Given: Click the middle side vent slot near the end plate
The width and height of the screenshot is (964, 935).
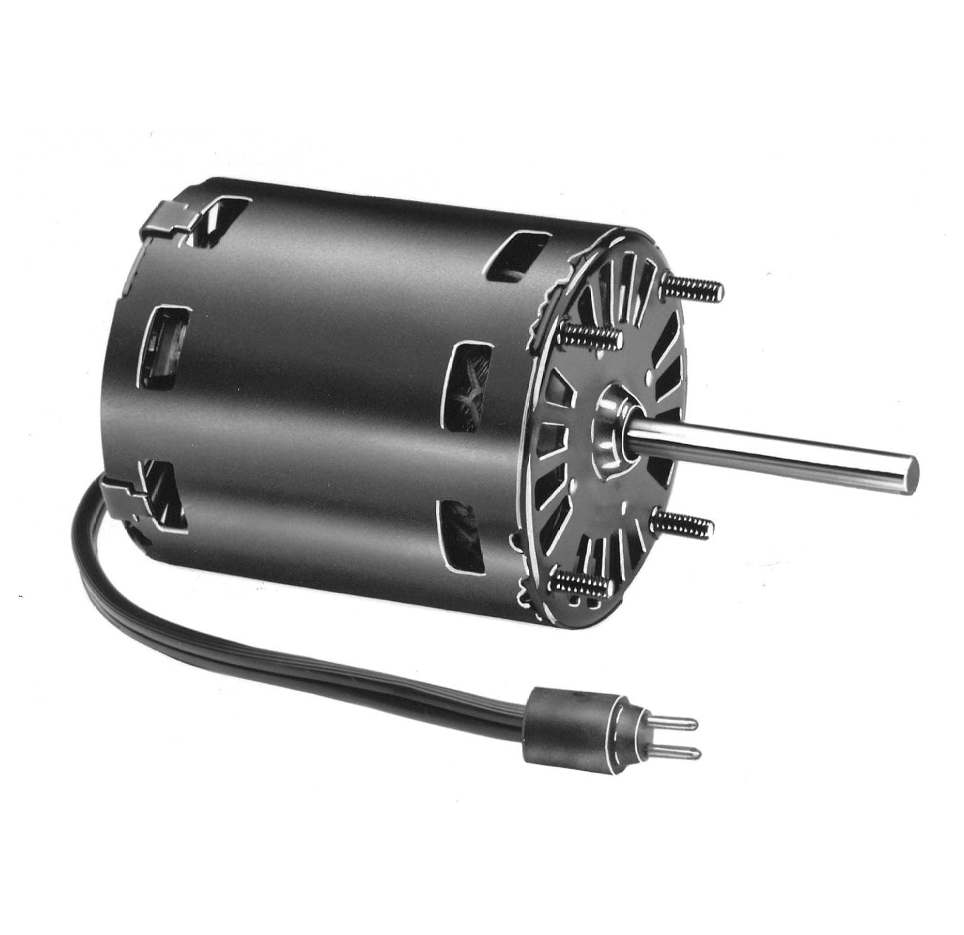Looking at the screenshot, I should [467, 387].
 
